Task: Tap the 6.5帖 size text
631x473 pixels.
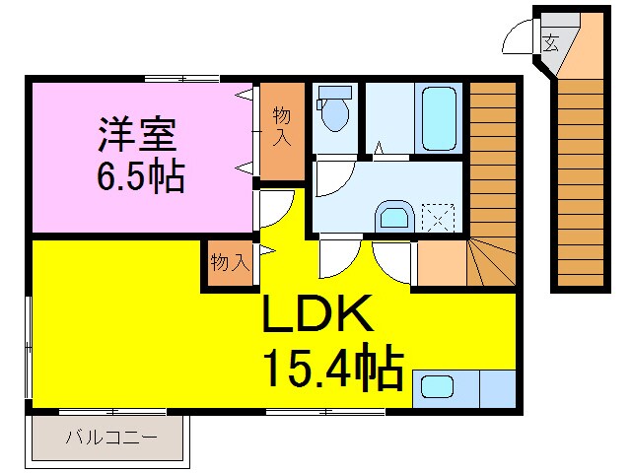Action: tap(137, 176)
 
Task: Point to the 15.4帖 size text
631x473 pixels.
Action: tap(332, 370)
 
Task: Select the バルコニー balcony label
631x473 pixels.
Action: tap(110, 436)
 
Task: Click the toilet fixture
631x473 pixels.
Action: tap(335, 108)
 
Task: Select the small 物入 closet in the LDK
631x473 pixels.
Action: tap(228, 263)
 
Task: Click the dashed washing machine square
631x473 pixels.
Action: tap(438, 216)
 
